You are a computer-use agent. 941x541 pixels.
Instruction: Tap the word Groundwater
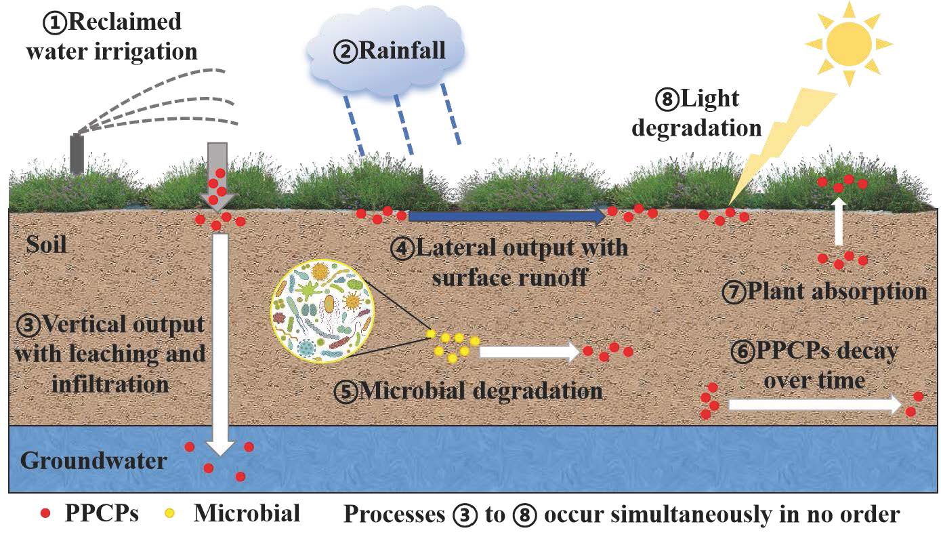coord(93,461)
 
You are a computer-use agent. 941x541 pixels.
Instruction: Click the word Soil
coord(47,244)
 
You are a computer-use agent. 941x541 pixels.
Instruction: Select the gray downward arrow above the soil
coord(217,173)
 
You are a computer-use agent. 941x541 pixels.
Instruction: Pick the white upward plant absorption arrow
coord(839,222)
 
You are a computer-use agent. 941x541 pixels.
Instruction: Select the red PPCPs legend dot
coord(45,513)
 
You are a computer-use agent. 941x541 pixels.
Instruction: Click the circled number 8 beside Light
coord(665,100)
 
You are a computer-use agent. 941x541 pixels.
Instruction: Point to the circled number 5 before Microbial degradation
coord(346,392)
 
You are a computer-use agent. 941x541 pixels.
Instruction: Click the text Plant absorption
coord(836,292)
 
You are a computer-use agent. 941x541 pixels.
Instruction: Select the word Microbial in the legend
coord(247,513)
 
